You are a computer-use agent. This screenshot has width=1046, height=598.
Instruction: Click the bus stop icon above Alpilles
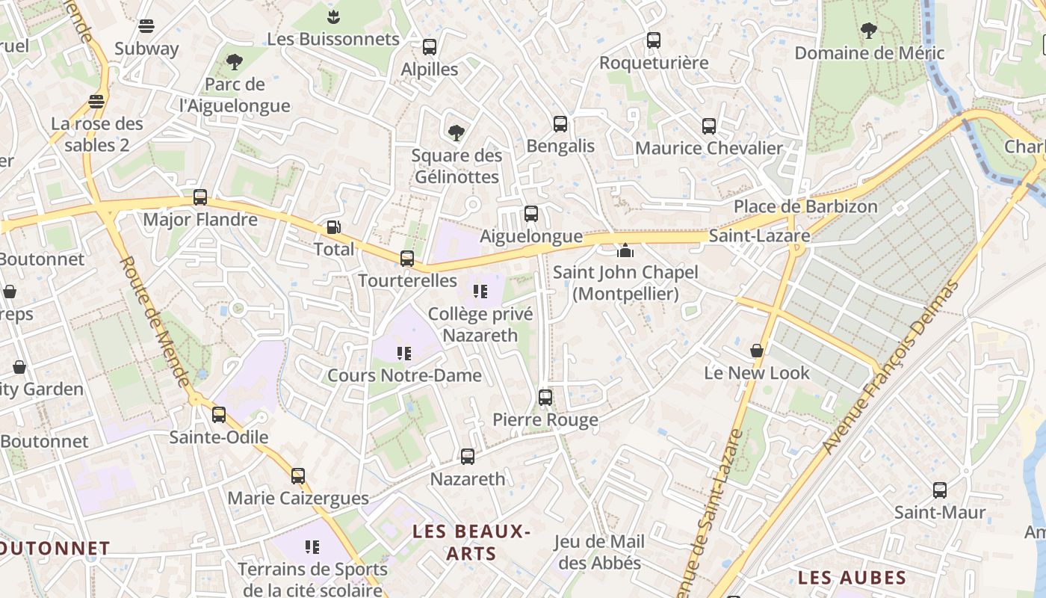click(430, 47)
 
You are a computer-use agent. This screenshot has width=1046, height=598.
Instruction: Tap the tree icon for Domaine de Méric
click(868, 31)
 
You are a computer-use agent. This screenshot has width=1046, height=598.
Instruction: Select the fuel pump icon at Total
click(334, 226)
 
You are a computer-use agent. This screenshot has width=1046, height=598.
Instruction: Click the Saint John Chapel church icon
click(625, 250)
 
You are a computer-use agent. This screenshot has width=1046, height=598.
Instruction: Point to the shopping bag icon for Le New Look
click(757, 350)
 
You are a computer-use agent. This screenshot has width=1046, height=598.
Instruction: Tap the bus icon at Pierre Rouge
click(545, 397)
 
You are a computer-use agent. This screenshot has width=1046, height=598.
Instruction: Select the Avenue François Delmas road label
click(891, 366)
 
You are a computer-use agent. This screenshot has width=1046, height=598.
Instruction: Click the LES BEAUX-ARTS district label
click(471, 543)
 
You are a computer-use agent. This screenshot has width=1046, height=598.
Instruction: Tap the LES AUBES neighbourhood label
click(852, 578)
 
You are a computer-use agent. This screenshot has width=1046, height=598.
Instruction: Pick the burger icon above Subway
click(146, 26)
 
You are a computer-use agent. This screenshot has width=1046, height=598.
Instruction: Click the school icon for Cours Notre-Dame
click(404, 353)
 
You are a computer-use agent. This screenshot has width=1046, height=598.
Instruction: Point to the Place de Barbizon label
click(805, 206)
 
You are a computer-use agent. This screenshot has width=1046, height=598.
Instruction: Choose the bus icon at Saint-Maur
click(940, 490)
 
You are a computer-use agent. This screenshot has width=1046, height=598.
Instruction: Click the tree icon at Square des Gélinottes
click(456, 133)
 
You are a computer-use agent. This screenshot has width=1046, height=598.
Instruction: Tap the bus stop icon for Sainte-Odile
click(219, 414)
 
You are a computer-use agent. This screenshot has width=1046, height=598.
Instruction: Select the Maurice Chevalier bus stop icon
click(709, 126)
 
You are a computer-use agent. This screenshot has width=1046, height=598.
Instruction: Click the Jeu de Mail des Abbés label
click(599, 552)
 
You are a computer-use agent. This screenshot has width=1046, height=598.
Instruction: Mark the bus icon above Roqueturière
click(654, 40)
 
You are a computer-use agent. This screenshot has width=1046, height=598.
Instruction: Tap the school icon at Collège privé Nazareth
click(480, 291)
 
